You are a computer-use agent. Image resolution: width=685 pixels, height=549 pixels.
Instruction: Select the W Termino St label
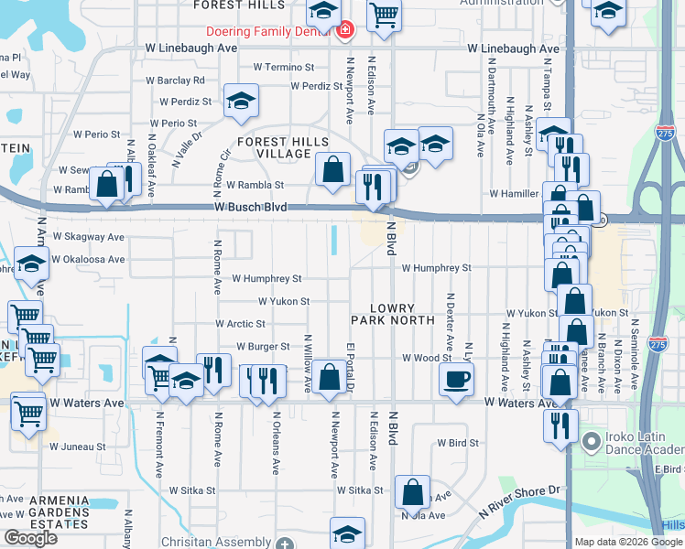tap(284, 68)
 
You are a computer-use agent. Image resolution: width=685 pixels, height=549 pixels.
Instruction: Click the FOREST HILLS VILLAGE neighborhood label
tap(274, 147)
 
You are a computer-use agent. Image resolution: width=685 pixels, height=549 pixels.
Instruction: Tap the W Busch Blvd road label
tap(252, 208)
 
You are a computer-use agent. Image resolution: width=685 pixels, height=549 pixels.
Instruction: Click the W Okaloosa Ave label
tap(88, 259)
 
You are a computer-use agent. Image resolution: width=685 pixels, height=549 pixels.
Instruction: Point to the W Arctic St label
tap(240, 324)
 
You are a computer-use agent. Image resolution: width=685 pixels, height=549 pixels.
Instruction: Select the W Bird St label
tap(458, 443)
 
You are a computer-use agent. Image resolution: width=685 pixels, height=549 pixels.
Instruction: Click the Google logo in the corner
tap(30, 538)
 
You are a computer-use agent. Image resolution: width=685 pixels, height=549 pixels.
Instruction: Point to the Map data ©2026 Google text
tap(627, 542)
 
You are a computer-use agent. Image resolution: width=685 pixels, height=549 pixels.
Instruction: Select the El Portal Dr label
tap(350, 369)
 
